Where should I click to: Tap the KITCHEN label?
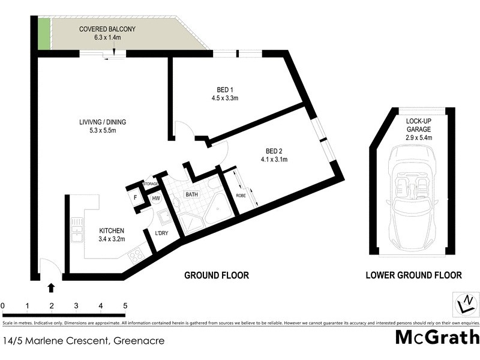(112, 231)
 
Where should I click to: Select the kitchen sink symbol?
(77, 230)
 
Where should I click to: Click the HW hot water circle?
(156, 198)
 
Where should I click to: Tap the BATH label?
(191, 195)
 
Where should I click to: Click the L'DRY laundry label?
(161, 233)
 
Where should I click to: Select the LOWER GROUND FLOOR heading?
(413, 275)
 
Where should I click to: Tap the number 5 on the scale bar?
(125, 306)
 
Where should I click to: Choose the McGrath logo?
(437, 337)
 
